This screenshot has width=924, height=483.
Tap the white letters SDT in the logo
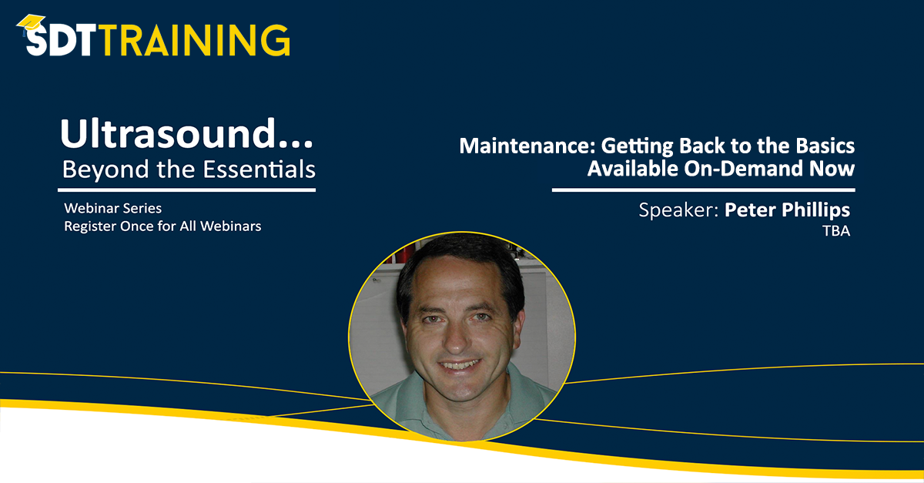pos(62,41)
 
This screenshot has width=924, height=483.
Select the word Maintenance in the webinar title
pos(515,146)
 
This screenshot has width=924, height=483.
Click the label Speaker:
pos(678,210)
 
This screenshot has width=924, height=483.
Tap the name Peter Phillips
pos(787,210)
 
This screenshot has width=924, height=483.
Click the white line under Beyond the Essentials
pos(188,190)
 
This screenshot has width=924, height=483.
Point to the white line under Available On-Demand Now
pos(703,190)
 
